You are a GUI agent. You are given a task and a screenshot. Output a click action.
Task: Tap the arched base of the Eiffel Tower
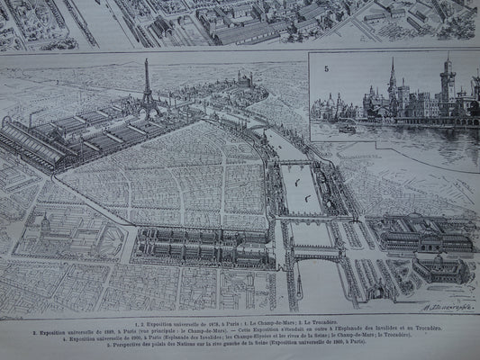pos(148,112)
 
